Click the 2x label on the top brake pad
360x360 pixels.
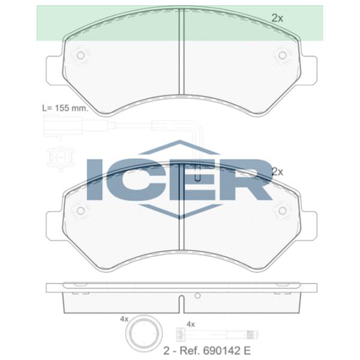pyautogui.click(x=277, y=18)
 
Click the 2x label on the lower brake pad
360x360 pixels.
pyautogui.click(x=277, y=172)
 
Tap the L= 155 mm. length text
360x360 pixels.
pyautogui.click(x=65, y=108)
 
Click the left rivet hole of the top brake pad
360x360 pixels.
pyautogui.click(x=80, y=55)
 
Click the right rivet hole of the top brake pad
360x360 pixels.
pyautogui.click(x=282, y=55)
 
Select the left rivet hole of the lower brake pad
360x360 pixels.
pyautogui.click(x=80, y=211)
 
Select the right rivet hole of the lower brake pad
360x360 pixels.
pyautogui.click(x=282, y=211)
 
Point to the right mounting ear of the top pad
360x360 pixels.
pyautogui.click(x=309, y=70)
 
